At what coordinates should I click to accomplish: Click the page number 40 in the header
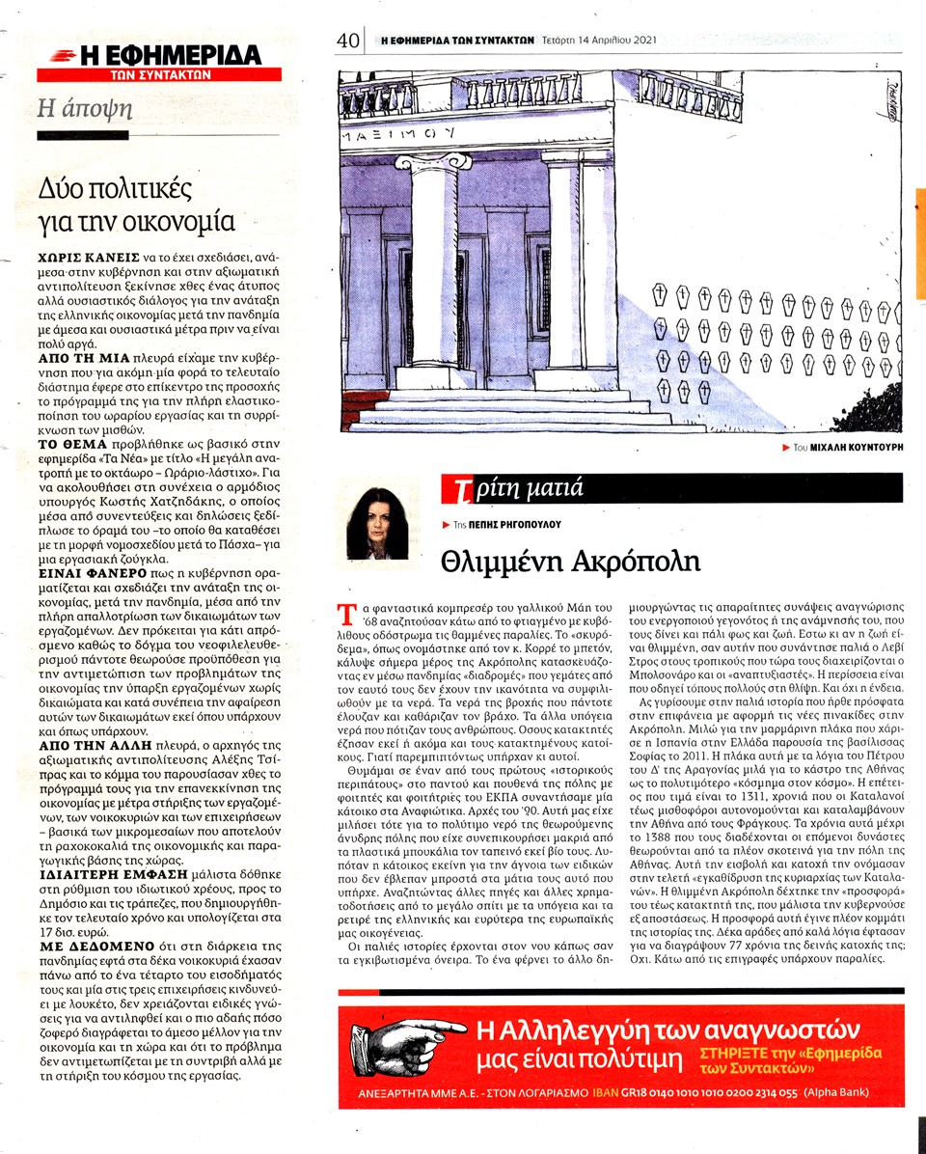click(x=348, y=41)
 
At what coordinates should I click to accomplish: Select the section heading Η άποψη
click(x=84, y=108)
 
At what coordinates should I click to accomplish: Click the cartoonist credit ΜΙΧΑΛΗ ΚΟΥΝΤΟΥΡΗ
click(x=845, y=449)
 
